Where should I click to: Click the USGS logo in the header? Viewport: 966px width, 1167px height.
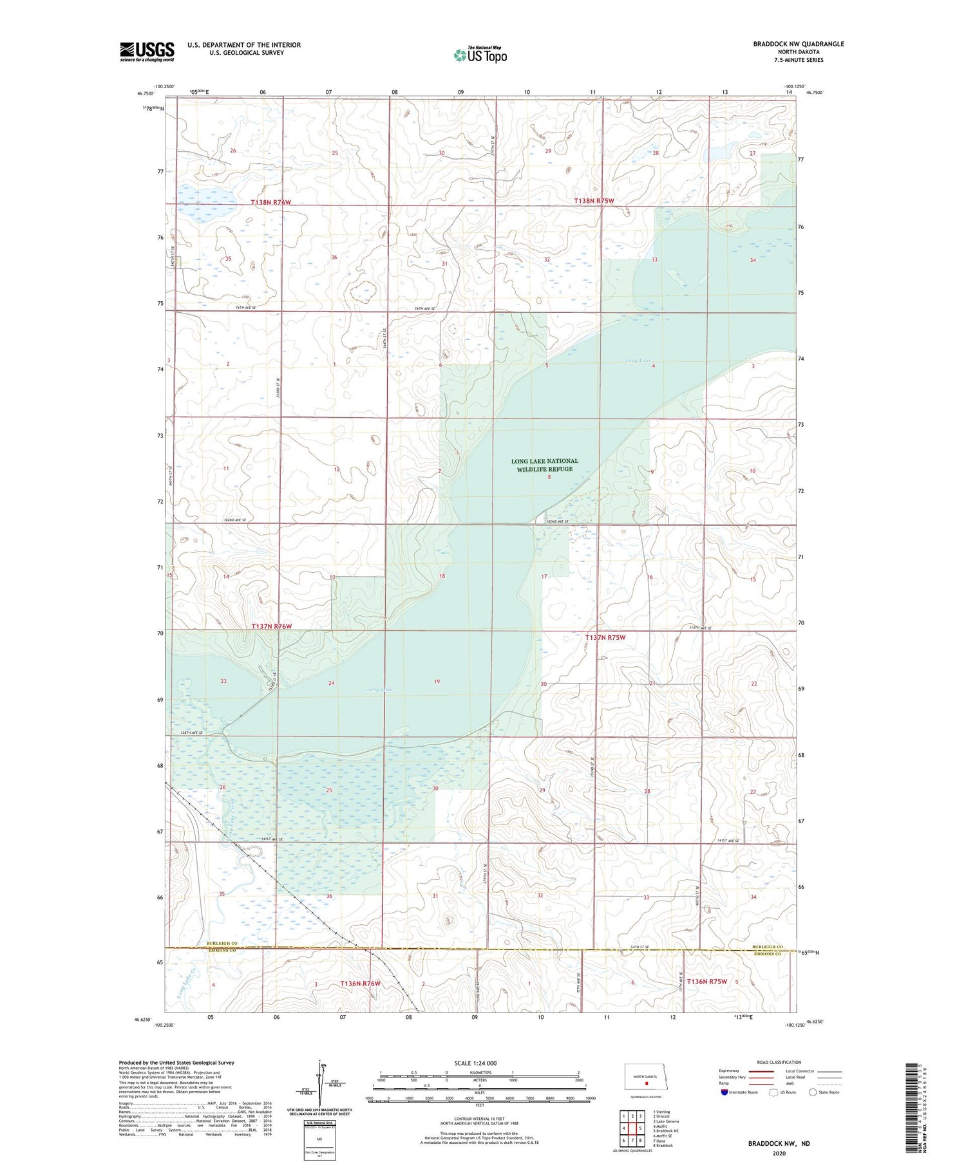[147, 51]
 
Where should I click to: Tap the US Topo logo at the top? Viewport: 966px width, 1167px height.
[480, 55]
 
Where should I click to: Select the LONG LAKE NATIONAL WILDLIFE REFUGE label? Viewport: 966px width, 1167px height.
[544, 465]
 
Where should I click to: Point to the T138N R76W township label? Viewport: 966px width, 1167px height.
[270, 202]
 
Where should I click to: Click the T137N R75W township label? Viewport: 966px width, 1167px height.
[605, 637]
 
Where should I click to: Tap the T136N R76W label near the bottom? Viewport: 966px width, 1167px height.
[360, 984]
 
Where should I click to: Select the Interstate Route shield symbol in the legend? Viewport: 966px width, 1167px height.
[725, 1092]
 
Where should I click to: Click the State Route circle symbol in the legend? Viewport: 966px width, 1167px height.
[813, 1092]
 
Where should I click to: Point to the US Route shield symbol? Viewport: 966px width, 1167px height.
[773, 1092]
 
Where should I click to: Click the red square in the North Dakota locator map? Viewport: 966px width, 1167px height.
[647, 1083]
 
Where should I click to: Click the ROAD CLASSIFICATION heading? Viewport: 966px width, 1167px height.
[779, 1062]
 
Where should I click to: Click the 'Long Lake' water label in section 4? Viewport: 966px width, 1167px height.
[638, 360]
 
